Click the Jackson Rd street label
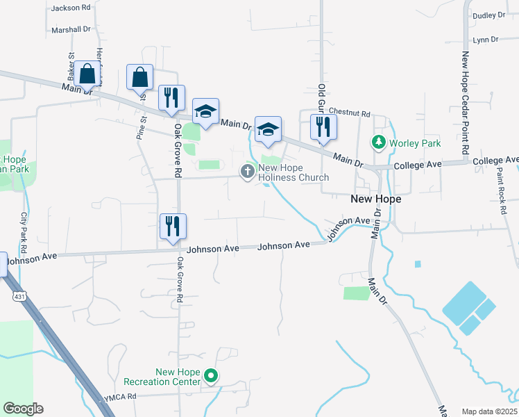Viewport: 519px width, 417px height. point(71,8)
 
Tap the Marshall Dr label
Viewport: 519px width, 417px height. point(71,30)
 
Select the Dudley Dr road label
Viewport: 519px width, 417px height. point(489,15)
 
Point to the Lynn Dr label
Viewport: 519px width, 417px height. point(485,40)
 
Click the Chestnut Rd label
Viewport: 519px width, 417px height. point(350,113)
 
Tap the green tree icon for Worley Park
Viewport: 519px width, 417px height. point(378,142)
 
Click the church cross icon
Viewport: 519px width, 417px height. point(248,171)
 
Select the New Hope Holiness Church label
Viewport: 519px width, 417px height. point(293,172)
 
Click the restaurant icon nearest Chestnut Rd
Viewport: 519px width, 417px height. point(323,127)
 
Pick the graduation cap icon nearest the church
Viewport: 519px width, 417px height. point(268,130)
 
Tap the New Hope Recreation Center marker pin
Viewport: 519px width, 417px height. point(212,377)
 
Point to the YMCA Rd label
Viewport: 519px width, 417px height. point(120,397)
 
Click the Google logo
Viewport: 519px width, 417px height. point(23,409)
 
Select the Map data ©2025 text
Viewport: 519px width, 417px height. point(489,411)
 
